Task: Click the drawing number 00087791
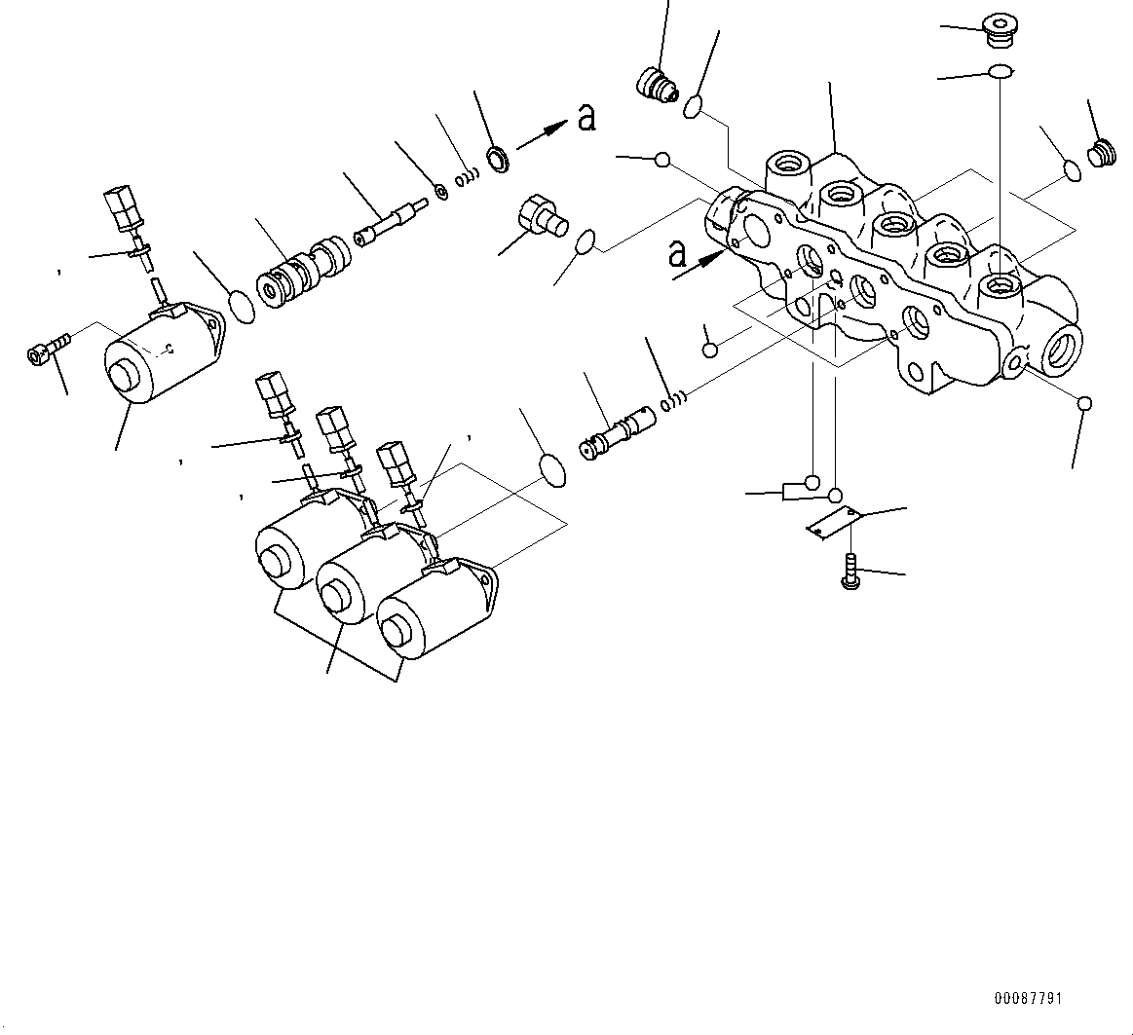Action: tap(1028, 999)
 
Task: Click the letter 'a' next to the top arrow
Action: tap(586, 118)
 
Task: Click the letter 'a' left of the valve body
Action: tap(679, 254)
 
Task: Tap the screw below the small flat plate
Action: tap(850, 570)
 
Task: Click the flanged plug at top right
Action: tap(998, 30)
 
